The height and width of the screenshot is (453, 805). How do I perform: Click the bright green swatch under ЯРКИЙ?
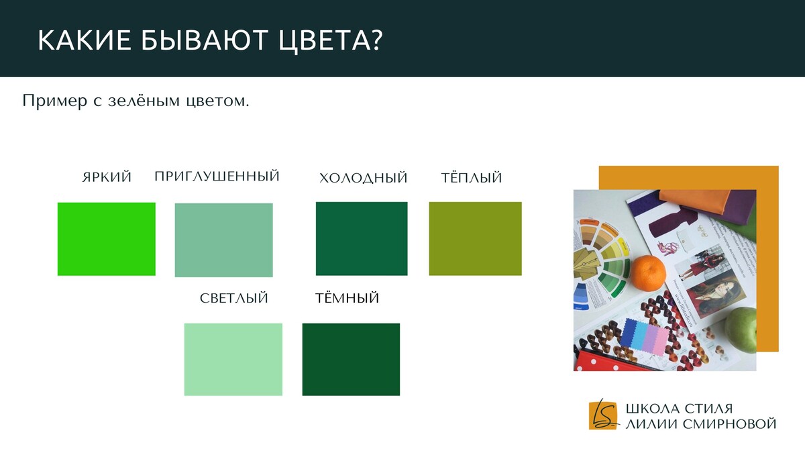(x=107, y=239)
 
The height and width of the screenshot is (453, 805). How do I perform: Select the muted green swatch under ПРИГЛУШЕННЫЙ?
(x=223, y=240)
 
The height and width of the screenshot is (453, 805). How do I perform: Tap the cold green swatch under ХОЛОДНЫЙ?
(x=362, y=239)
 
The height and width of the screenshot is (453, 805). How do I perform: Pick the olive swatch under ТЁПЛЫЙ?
(x=475, y=239)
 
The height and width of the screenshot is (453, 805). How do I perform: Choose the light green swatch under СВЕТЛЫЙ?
(x=233, y=360)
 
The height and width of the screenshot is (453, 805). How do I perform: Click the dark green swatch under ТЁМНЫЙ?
(x=351, y=360)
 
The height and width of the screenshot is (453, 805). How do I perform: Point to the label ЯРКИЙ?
(x=107, y=177)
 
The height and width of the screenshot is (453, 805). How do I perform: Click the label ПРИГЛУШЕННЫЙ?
(x=217, y=176)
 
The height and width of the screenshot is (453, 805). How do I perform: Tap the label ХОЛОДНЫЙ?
(x=364, y=178)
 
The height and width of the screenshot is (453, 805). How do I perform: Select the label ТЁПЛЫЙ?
(x=472, y=177)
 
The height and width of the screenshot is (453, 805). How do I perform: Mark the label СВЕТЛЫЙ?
(x=234, y=298)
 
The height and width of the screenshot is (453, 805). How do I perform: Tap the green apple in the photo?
(x=741, y=330)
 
